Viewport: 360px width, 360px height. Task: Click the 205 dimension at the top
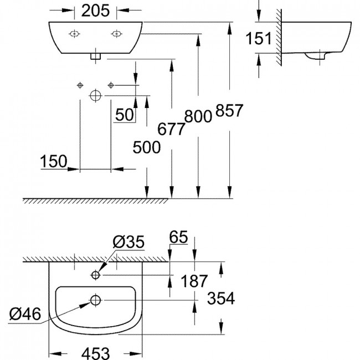pos(95,11)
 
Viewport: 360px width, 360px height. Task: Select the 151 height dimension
pos(259,38)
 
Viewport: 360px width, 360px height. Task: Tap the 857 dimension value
pos(229,110)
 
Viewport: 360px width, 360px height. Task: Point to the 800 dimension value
pos(198,116)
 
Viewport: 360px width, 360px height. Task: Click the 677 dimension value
pos(171,129)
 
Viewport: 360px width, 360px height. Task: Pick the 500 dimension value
pos(147,147)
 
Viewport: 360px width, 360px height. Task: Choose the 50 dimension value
pos(125,115)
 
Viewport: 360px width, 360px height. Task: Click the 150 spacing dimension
pos(54,161)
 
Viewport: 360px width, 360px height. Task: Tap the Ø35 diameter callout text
pos(128,241)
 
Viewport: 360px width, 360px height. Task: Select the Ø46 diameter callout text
pos(25,313)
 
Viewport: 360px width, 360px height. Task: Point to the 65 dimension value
pos(179,237)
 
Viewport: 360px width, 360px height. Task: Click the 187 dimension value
pos(194,281)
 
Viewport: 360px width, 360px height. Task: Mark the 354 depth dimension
pos(221,298)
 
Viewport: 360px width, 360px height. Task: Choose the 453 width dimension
pos(95,353)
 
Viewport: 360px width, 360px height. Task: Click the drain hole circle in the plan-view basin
pos(95,300)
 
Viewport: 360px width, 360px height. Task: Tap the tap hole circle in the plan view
pos(95,275)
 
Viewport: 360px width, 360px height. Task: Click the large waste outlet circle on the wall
pos(96,95)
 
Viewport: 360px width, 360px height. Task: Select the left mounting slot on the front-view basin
pos(74,34)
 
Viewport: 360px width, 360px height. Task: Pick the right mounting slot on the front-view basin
pos(116,34)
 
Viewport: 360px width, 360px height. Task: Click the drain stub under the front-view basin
pos(95,56)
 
